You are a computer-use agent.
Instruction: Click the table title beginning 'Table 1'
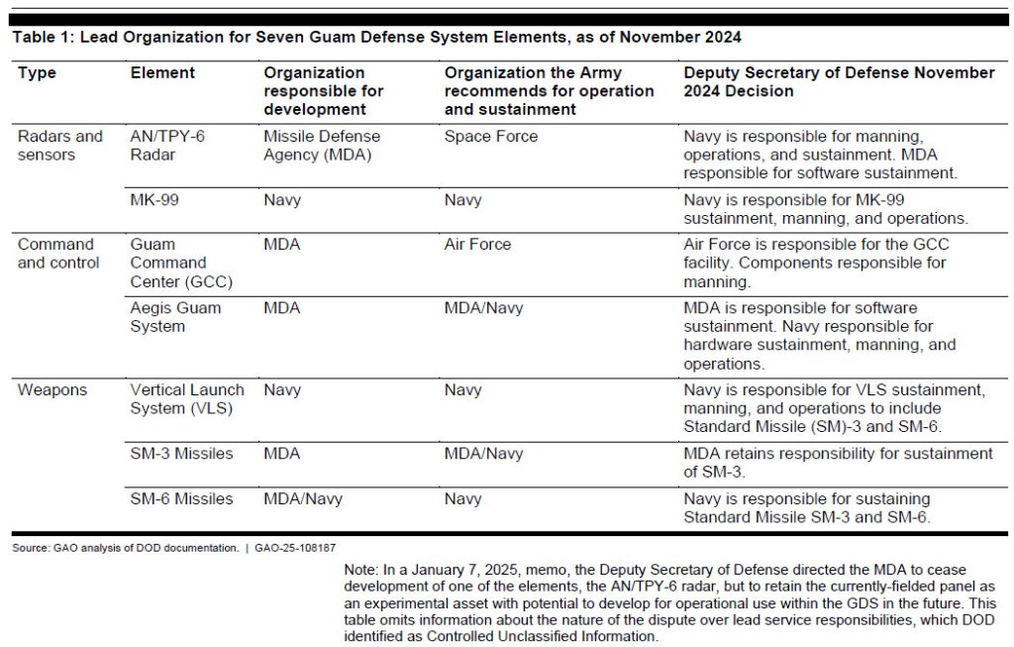pos(376,38)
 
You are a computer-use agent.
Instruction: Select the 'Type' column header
pos(37,73)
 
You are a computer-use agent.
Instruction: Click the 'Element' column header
pos(162,73)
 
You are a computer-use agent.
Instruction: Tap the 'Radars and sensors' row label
pos(60,146)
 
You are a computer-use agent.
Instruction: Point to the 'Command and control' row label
pos(58,254)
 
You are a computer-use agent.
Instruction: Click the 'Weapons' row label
pos(52,390)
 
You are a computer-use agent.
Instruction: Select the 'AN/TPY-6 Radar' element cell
pos(167,146)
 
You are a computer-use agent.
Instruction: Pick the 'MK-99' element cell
pos(153,200)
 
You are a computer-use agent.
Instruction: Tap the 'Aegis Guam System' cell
pos(175,317)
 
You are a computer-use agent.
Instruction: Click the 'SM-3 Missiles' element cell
pos(181,454)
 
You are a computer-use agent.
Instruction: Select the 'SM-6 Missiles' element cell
pos(181,499)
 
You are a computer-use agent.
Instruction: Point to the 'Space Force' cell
pos(491,137)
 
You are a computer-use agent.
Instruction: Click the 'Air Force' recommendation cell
pos(477,245)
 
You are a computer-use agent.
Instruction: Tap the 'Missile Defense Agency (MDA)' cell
pos(322,146)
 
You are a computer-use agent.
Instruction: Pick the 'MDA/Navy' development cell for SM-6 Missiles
pos(302,499)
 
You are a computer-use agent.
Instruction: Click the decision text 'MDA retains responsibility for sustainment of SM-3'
pos(838,463)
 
